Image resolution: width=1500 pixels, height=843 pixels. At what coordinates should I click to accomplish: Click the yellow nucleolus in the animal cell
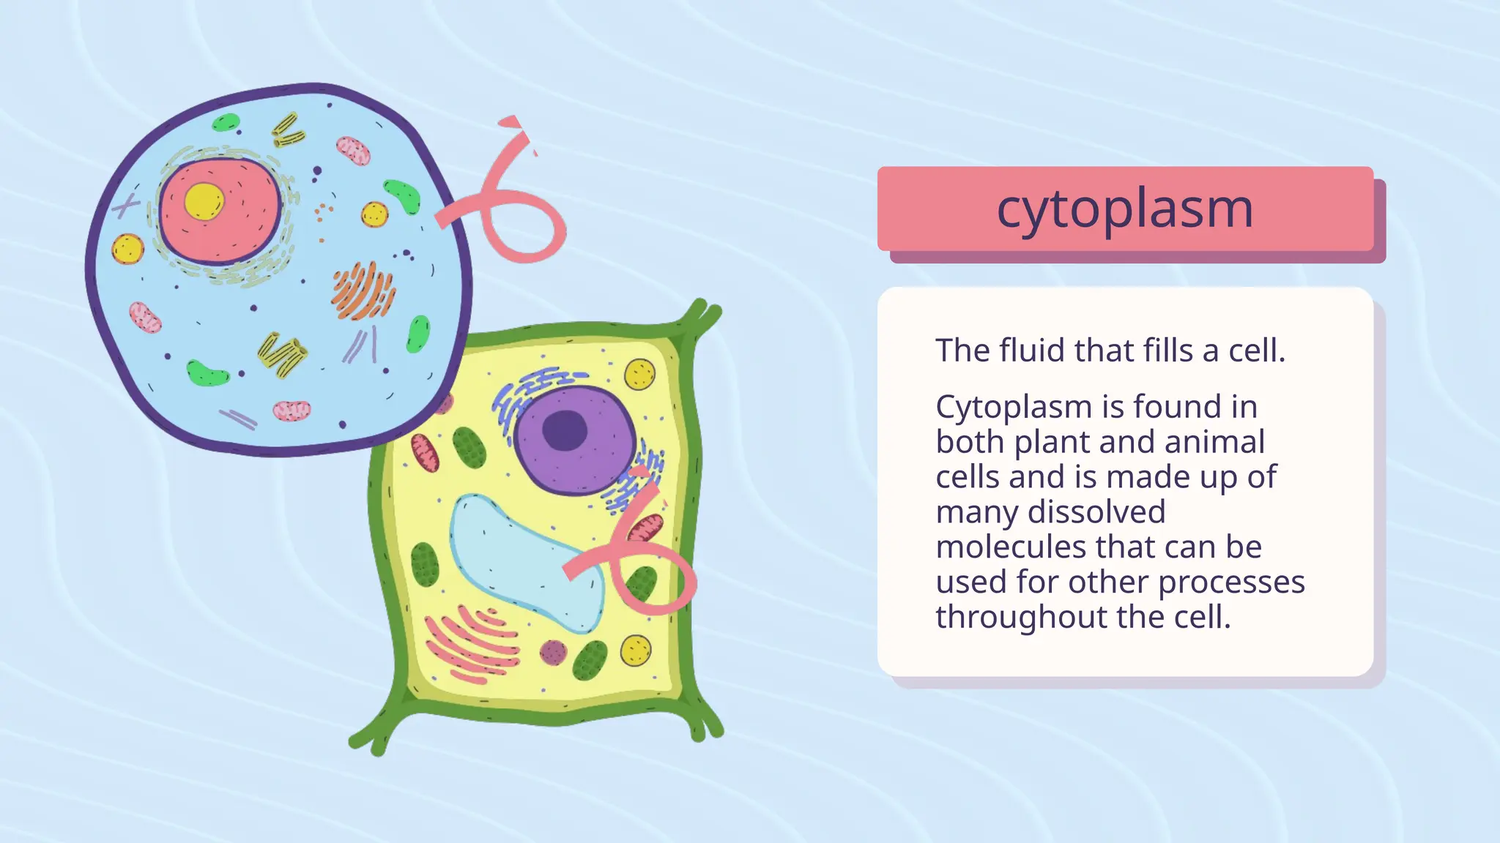[x=204, y=201]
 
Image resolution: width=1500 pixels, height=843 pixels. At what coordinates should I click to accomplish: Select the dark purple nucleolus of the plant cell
[x=565, y=430]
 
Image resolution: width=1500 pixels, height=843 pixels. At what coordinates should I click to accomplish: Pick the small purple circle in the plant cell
[x=553, y=652]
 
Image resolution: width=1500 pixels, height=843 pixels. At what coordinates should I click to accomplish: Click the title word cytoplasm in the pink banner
[x=1124, y=209]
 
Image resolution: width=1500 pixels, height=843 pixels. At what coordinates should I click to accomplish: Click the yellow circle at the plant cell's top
[x=639, y=375]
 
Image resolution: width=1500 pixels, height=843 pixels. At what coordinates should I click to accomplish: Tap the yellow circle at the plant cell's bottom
[x=635, y=651]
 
